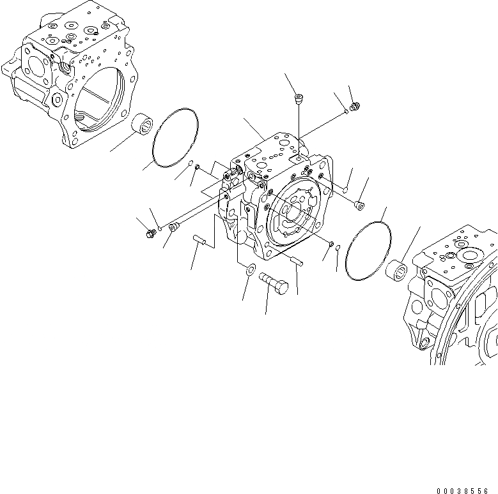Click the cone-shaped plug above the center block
pos(299,99)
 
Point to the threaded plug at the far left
pos(151,234)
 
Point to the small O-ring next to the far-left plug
pos(160,228)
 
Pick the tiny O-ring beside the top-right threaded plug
pos(346,112)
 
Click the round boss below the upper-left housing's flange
pos(58,100)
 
